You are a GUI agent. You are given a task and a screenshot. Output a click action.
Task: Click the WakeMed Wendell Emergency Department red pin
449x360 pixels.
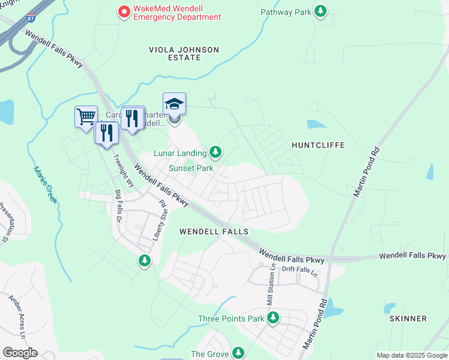124,11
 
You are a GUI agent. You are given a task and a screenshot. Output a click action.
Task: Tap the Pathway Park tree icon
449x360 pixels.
321,11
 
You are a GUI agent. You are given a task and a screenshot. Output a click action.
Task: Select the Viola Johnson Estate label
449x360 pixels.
184,53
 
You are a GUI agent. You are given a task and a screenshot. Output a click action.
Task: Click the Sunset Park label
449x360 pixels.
191,169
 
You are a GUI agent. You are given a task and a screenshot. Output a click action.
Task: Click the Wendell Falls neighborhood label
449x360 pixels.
214,231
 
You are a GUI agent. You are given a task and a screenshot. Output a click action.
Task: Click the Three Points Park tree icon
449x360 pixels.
273,317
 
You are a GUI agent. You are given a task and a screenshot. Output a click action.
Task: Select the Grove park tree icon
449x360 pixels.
238,353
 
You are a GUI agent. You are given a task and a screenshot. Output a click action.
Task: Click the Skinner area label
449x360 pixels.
408,319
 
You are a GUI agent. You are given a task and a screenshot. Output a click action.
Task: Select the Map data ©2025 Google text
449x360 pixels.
411,355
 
